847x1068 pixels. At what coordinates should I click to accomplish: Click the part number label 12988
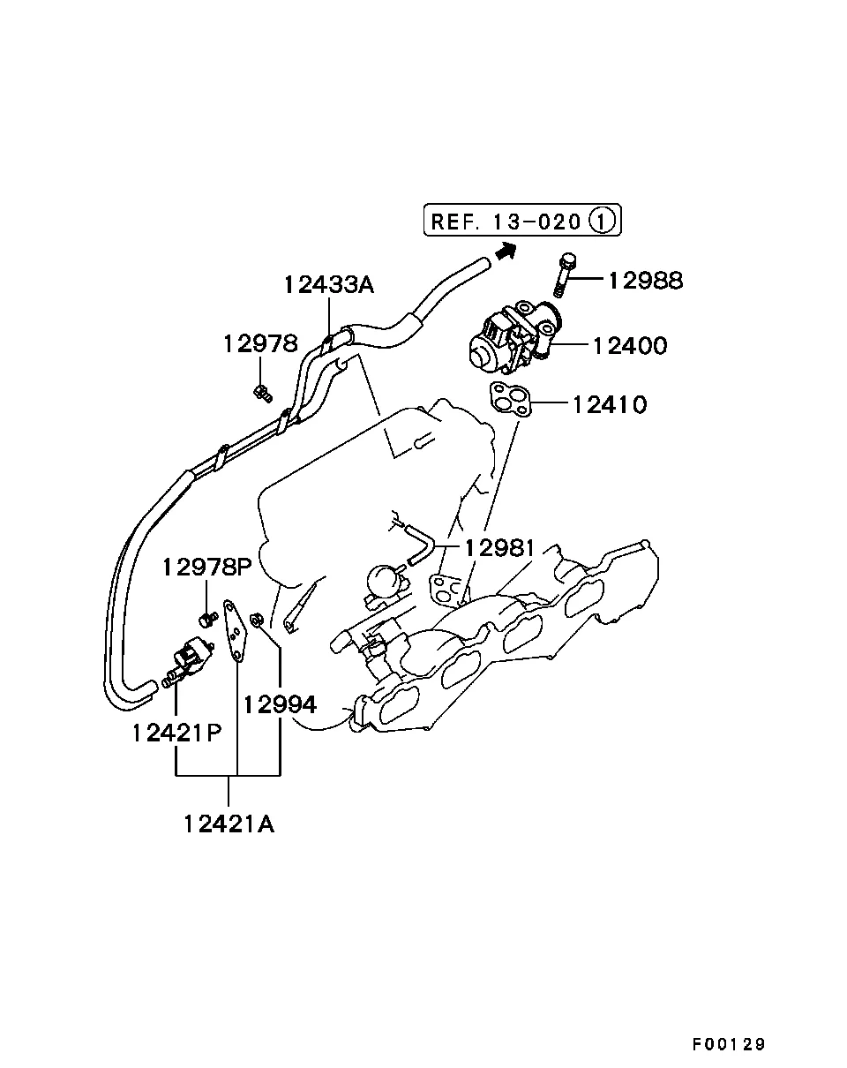point(645,281)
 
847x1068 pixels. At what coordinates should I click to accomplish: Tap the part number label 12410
point(609,405)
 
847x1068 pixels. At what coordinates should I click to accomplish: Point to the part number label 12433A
point(329,285)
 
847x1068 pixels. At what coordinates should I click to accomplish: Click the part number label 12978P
point(206,568)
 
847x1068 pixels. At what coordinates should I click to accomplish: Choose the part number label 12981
point(499,548)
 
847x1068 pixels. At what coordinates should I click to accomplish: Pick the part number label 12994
point(280,704)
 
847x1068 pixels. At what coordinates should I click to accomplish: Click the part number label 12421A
point(229,824)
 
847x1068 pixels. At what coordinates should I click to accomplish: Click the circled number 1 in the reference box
point(603,220)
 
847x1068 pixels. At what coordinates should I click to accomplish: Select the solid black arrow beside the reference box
point(505,252)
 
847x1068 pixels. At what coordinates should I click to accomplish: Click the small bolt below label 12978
point(262,392)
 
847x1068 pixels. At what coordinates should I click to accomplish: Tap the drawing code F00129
point(729,1044)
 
